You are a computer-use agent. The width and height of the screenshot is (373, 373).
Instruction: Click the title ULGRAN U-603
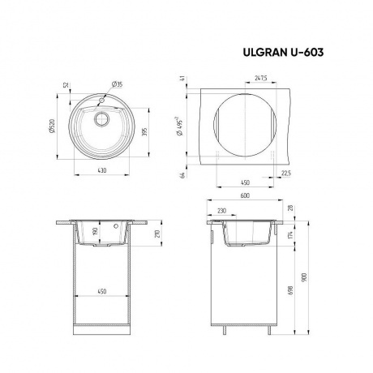[283, 53]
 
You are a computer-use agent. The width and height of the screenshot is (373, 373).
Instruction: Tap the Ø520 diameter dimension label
[52, 126]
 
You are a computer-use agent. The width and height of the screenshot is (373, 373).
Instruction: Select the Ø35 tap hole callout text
[117, 84]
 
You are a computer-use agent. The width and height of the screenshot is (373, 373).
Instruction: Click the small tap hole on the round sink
[102, 100]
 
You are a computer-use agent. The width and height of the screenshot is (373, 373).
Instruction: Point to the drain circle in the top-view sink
[101, 119]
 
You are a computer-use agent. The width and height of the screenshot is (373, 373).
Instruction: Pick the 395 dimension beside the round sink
[144, 131]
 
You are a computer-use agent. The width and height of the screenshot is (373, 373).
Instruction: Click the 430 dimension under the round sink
[102, 170]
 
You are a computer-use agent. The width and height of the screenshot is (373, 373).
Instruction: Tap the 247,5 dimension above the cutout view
[261, 78]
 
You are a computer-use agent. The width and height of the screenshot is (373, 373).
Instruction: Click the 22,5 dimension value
[286, 174]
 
